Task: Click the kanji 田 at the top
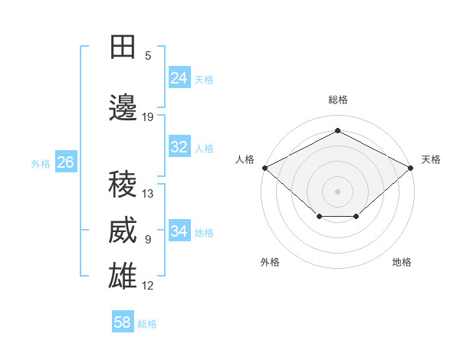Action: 123,47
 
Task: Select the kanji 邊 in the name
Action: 123,107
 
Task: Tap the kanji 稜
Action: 123,184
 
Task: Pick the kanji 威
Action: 123,230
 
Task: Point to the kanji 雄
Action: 123,276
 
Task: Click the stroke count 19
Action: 147,117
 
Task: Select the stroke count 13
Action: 147,194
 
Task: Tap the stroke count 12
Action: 147,286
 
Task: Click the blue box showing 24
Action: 179,77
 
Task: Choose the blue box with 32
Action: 179,146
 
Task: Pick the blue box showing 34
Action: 179,230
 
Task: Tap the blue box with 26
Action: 66,162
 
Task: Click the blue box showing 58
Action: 123,321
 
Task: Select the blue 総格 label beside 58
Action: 147,324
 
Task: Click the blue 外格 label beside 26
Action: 41,164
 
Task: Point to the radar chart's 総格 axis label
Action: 338,100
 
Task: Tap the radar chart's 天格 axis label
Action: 431,159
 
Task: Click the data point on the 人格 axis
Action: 265,168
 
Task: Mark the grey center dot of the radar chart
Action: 337,191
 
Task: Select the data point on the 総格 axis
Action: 337,130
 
